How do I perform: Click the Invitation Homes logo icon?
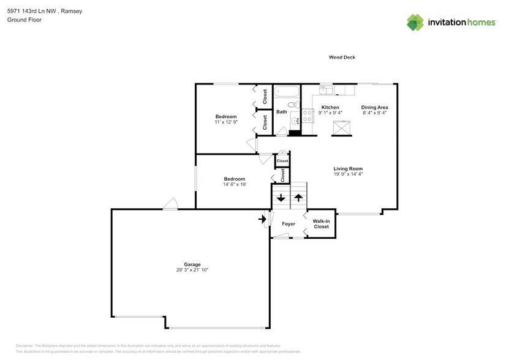click(x=416, y=23)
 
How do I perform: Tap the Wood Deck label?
click(x=342, y=58)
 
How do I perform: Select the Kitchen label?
click(x=330, y=107)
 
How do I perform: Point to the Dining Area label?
click(x=374, y=107)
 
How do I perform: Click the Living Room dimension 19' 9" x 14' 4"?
click(x=348, y=174)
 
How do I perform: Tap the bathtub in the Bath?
click(x=286, y=92)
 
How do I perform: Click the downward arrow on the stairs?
click(x=281, y=198)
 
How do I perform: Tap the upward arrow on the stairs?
click(x=298, y=198)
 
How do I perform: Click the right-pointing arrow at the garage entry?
click(x=262, y=218)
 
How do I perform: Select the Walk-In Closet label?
click(x=321, y=224)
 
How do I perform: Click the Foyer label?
click(x=288, y=224)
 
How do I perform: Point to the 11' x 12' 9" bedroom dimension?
click(x=226, y=122)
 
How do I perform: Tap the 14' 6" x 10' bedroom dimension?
click(x=234, y=184)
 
